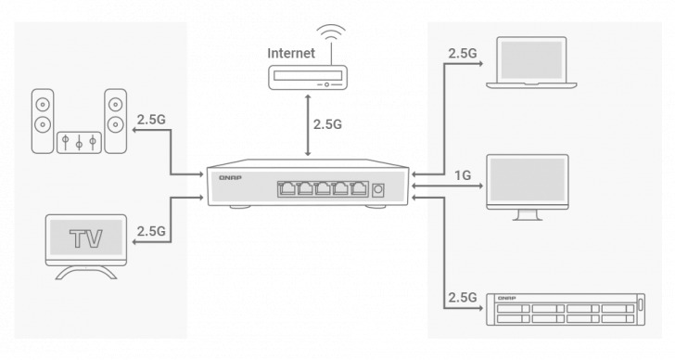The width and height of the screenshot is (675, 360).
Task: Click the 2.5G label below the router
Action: [334, 123]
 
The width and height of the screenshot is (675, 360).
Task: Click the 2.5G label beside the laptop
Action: [463, 53]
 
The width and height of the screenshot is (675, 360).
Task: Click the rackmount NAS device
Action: [565, 310]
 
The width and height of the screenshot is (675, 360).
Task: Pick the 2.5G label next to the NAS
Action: [463, 298]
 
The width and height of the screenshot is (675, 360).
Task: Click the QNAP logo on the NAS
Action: [507, 297]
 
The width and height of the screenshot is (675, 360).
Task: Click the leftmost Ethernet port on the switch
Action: [285, 189]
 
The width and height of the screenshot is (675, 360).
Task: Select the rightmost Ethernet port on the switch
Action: [358, 189]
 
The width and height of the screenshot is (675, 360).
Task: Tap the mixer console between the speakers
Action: [79, 142]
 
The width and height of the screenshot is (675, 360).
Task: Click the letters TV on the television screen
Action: [86, 238]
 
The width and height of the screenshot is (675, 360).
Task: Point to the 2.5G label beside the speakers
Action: [151, 120]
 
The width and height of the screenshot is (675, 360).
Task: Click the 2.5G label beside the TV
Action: [151, 230]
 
